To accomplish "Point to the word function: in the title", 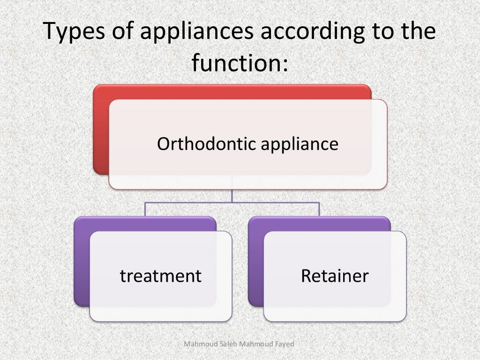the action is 240,63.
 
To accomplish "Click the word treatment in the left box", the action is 161,276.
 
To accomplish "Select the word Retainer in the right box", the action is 335,276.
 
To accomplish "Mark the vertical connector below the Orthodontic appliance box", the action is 232,195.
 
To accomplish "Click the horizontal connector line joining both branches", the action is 187,202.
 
